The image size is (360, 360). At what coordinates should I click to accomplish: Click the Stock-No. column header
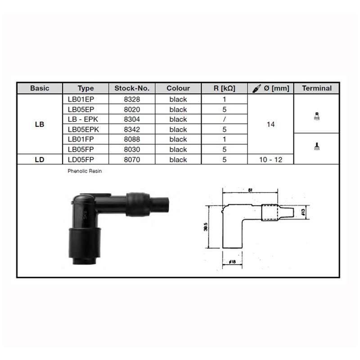tap(132, 88)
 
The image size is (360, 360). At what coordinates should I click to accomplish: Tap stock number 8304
tap(132, 119)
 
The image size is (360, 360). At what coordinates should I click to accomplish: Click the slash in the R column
tap(224, 119)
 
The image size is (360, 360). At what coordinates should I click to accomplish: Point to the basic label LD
tap(40, 159)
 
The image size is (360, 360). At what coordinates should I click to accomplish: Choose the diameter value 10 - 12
tap(270, 159)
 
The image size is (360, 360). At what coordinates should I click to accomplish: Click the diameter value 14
tap(270, 124)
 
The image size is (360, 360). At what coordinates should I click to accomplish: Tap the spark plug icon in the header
tap(256, 88)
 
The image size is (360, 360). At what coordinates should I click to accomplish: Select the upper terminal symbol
tap(317, 116)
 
